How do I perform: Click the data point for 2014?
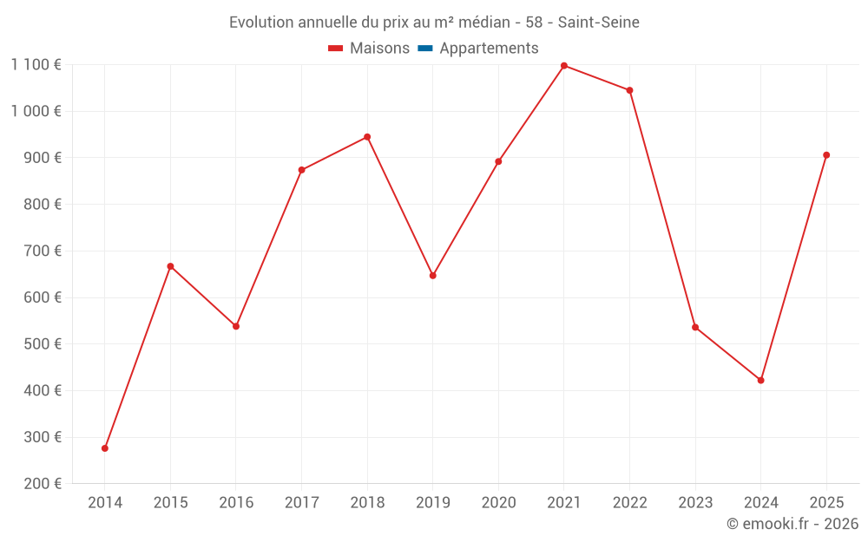click(105, 448)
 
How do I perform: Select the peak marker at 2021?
click(564, 66)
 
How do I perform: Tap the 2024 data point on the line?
click(761, 381)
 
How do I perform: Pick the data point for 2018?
click(367, 137)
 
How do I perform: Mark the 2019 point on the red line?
click(433, 276)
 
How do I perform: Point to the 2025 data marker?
click(826, 155)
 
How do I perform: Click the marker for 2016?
click(236, 326)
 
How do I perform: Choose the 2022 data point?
click(630, 90)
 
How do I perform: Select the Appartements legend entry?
click(489, 49)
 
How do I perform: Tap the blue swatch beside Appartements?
click(425, 49)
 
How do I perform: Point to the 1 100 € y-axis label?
click(36, 64)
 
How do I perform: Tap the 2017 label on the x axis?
click(301, 503)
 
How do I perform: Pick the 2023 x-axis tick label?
click(695, 503)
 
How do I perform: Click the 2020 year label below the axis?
click(498, 503)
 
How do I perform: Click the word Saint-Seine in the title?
click(599, 23)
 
